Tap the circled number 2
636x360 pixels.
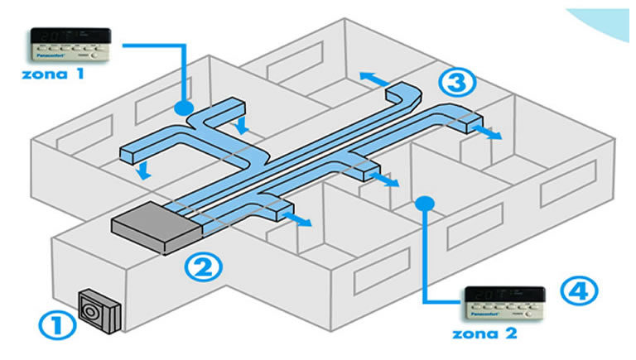[x=202, y=267]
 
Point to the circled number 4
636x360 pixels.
[x=577, y=290]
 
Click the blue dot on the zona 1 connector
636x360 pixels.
[x=185, y=108]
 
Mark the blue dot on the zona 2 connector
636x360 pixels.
[x=426, y=200]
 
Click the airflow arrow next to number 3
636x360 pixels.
[x=490, y=135]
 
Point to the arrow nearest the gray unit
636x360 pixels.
[x=301, y=218]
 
